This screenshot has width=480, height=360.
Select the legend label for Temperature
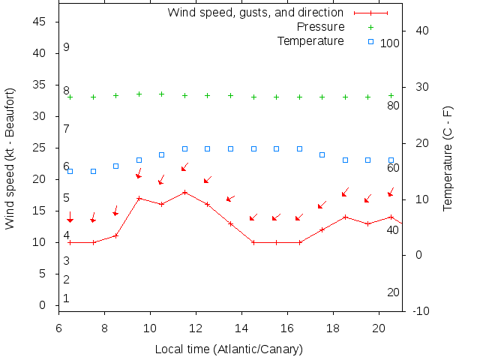(310, 40)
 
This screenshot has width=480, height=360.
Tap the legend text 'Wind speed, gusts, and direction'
(255, 13)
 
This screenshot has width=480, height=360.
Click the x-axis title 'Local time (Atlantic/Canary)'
(229, 349)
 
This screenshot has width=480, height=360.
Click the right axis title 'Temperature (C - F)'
(448, 158)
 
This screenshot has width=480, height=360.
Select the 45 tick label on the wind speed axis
(40, 22)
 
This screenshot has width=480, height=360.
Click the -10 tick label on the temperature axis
(421, 310)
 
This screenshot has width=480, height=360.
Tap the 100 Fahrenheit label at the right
(390, 43)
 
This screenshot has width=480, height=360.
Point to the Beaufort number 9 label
(67, 47)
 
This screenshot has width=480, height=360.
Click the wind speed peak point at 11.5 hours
(184, 192)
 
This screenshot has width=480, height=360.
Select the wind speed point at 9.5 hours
(139, 198)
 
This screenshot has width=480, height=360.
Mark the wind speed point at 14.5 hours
(253, 242)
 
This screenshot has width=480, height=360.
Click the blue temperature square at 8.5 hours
(116, 166)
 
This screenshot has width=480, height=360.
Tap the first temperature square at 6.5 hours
(70, 171)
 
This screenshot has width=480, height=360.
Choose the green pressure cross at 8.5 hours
(116, 96)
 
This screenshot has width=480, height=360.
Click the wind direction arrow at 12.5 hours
(208, 179)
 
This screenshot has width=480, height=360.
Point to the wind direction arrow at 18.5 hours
(346, 193)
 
